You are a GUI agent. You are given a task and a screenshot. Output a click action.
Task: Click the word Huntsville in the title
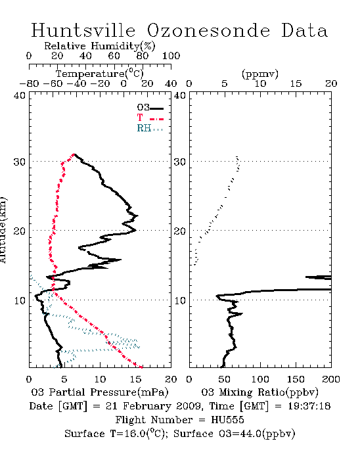[x=83, y=30]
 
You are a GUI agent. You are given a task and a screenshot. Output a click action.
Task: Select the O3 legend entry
[x=150, y=108]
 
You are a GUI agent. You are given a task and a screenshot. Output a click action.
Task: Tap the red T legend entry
[x=150, y=118]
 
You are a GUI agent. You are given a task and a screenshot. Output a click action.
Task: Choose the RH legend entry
[x=150, y=128]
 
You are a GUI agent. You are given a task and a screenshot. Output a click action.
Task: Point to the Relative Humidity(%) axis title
[x=100, y=46]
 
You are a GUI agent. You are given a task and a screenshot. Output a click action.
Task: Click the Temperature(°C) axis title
[x=100, y=74]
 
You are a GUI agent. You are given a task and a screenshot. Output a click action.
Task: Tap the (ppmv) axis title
[x=260, y=74]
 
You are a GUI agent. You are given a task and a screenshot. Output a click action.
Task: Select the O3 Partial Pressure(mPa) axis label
[x=100, y=392]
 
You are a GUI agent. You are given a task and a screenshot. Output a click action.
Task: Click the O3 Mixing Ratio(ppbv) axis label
[x=259, y=392]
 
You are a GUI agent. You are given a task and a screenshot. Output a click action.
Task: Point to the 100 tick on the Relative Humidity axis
[x=171, y=56]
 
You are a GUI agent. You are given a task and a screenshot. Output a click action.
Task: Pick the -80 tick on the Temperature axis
[x=29, y=83]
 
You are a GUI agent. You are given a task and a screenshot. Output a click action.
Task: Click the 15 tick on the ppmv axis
[x=296, y=83]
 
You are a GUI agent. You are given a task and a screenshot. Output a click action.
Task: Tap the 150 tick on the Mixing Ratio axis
[x=296, y=379]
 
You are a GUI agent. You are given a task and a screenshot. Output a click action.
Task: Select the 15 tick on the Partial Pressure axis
[x=135, y=379]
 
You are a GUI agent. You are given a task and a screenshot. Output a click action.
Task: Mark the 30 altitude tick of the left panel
[x=20, y=162]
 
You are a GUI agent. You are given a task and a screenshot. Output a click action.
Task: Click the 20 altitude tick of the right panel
[x=180, y=231]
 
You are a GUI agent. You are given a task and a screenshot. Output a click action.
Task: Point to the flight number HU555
[x=227, y=420]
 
